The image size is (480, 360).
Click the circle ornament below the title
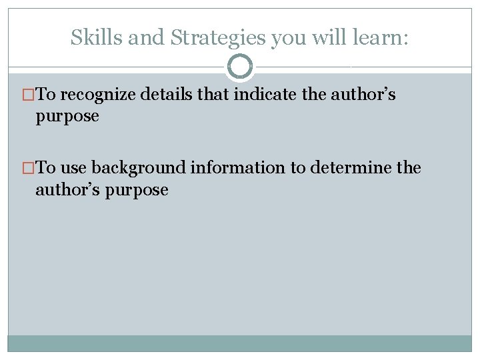240,67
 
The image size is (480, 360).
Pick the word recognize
99,95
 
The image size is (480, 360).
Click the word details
170,94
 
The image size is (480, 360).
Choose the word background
139,168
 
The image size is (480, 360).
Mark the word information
238,167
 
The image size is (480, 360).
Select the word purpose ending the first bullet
67,117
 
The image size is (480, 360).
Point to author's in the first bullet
363,94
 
